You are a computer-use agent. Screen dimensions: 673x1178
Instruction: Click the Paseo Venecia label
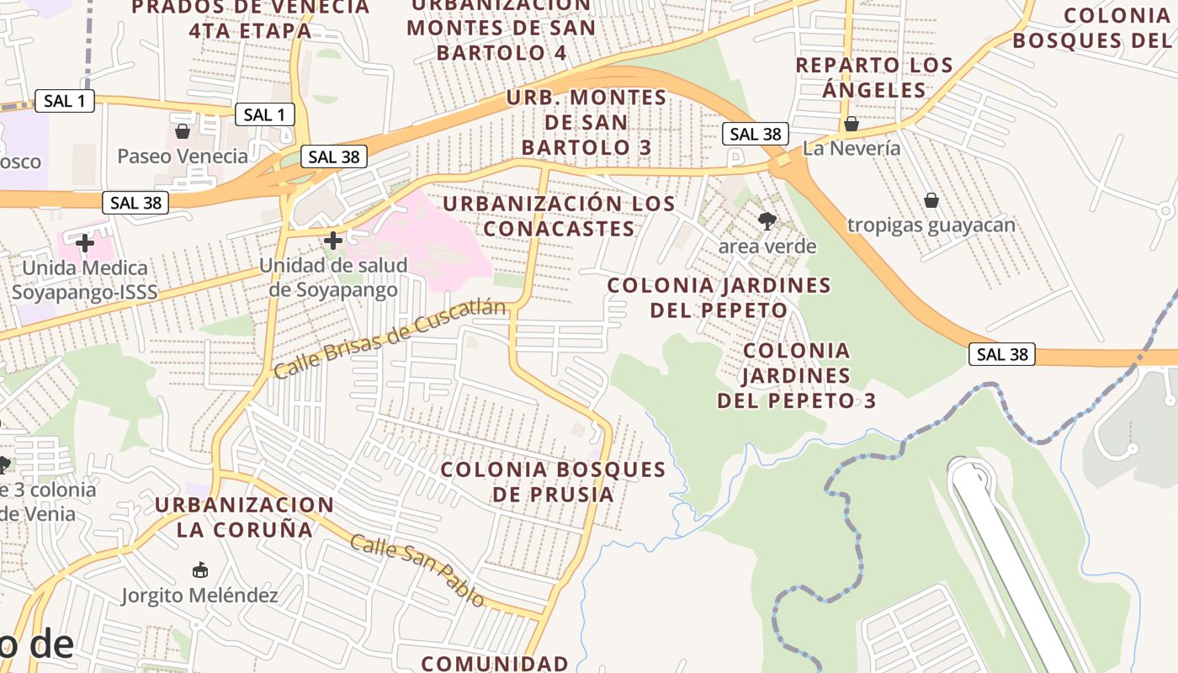click(x=183, y=156)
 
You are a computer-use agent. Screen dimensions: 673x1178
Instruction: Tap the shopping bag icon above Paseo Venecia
click(x=183, y=131)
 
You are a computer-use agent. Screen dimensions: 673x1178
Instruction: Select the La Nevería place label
click(x=852, y=149)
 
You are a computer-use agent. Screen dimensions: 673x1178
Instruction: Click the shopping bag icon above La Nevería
click(x=852, y=125)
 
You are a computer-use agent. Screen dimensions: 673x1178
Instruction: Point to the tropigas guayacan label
click(x=931, y=225)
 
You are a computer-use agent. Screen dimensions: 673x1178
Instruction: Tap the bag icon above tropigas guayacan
click(x=931, y=200)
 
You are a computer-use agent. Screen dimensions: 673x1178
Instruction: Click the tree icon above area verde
click(x=767, y=221)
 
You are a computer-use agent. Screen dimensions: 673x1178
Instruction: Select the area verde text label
click(x=767, y=246)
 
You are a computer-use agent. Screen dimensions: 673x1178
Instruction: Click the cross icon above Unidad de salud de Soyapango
click(x=333, y=241)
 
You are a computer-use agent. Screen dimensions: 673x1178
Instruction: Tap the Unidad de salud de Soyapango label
click(x=333, y=278)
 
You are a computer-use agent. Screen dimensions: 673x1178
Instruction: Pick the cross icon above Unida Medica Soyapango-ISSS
click(x=85, y=244)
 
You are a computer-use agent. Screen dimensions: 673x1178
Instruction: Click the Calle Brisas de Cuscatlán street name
click(x=391, y=338)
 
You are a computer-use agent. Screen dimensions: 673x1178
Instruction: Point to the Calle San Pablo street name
click(x=417, y=570)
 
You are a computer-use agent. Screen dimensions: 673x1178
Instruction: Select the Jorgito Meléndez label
click(x=199, y=596)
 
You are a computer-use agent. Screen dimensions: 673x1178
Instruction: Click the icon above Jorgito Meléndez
click(x=199, y=570)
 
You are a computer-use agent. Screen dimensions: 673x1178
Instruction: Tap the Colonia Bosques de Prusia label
click(x=553, y=481)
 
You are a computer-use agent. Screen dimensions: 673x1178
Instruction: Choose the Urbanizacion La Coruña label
click(x=244, y=517)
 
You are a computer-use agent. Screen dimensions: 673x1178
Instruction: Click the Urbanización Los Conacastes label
click(x=559, y=216)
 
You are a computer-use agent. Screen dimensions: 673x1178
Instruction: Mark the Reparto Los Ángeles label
click(x=874, y=77)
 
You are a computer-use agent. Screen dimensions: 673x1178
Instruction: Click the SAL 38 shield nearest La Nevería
click(x=755, y=134)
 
